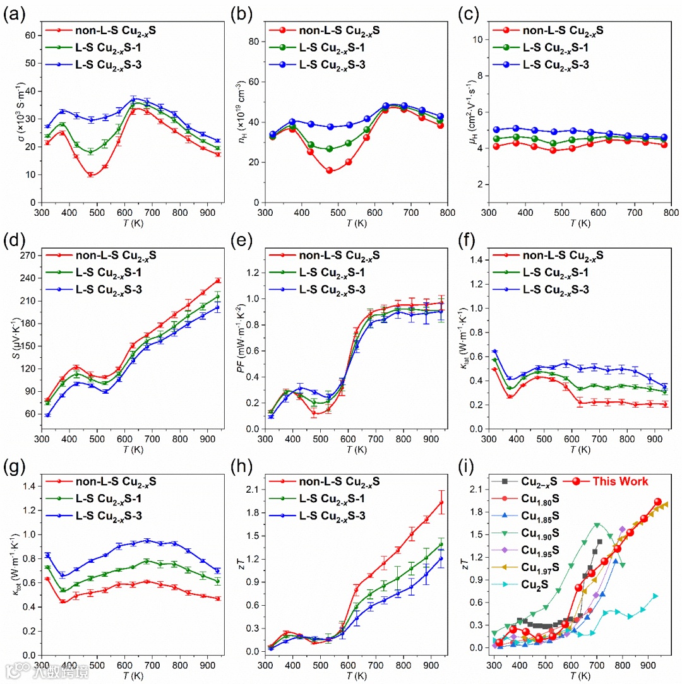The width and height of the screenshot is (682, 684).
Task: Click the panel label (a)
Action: click(x=13, y=14)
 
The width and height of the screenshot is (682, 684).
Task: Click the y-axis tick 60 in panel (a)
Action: click(x=28, y=35)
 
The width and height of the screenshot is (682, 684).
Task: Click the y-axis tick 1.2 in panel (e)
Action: click(x=254, y=272)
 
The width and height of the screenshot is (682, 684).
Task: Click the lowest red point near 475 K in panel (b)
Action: click(x=329, y=170)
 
